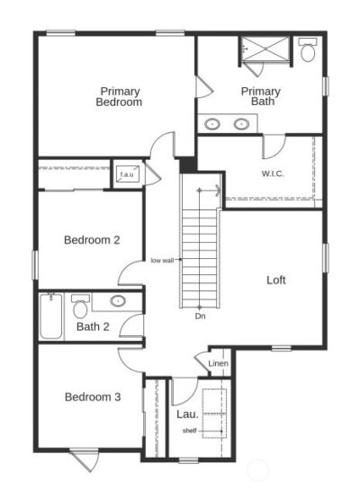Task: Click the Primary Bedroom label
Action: [x=119, y=97]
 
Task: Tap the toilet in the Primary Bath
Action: [x=308, y=49]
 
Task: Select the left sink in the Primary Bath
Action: [x=212, y=124]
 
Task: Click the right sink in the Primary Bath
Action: [x=241, y=124]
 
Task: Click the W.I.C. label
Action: [x=273, y=174]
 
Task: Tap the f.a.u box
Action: [x=127, y=174]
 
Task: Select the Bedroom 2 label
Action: [x=92, y=240]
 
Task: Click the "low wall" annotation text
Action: [x=162, y=261]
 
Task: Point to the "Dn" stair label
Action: [x=200, y=316]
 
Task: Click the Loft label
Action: [x=276, y=280]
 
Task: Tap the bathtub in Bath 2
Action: [x=50, y=316]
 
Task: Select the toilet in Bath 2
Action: [x=80, y=307]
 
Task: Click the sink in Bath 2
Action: [x=118, y=301]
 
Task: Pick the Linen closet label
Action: [x=218, y=363]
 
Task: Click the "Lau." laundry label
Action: [x=187, y=414]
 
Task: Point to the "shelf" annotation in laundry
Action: [x=190, y=431]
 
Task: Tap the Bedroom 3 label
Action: [x=93, y=396]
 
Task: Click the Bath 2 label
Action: [x=93, y=327]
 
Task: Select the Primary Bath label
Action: [x=260, y=96]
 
